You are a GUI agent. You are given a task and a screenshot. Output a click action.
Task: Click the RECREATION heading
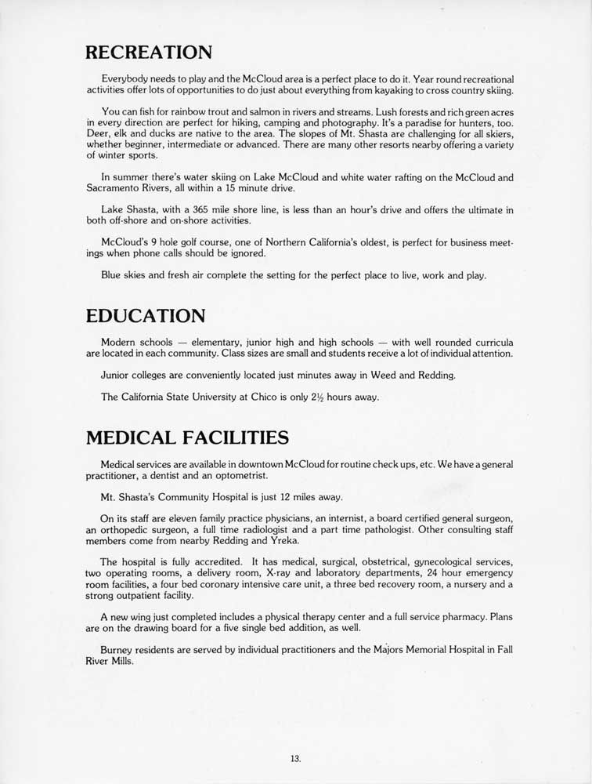[149, 53]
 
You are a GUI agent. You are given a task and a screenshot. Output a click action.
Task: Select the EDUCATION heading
[146, 315]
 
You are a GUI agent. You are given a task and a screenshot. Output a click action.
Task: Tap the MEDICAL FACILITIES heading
[187, 437]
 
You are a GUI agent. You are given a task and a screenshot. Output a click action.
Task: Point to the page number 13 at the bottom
[294, 758]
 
